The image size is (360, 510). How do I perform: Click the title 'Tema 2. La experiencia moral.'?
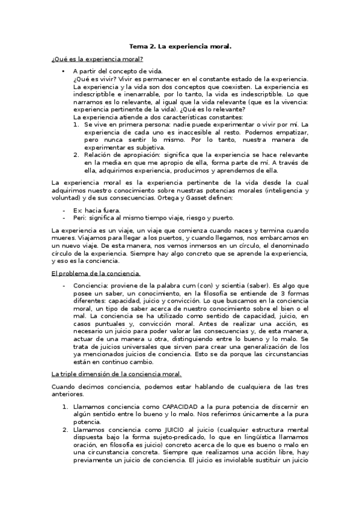[181, 45]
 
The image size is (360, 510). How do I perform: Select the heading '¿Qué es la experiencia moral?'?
[97, 58]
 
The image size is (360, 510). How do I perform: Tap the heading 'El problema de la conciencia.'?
[96, 273]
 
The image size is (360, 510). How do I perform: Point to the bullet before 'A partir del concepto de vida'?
[63, 72]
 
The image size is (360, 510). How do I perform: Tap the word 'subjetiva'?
[146, 147]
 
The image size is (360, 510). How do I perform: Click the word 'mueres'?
[65, 238]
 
